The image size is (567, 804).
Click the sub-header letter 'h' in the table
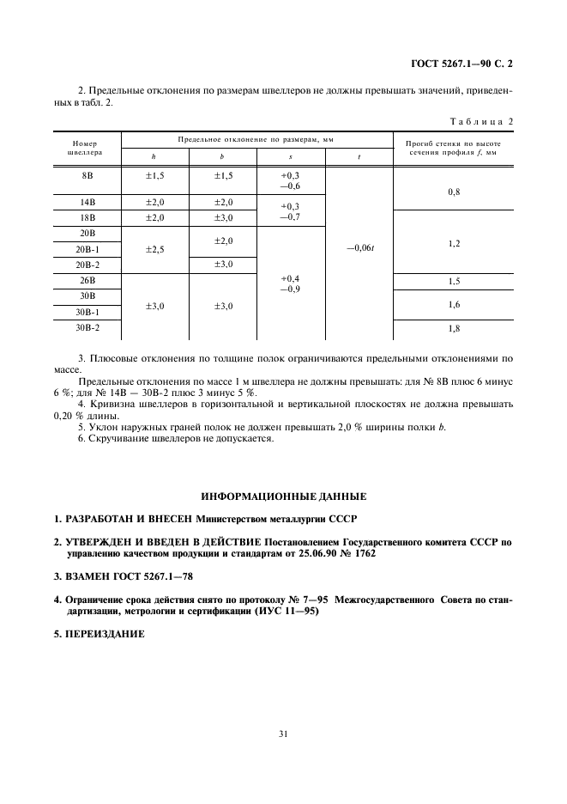tap(154, 157)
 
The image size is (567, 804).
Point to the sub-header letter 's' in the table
tap(290, 157)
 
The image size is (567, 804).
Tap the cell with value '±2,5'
tap(154, 249)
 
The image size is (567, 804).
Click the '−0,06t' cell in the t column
tap(359, 249)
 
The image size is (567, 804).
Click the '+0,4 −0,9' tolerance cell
tap(290, 283)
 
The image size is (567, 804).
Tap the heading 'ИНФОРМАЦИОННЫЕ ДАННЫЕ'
tap(283, 496)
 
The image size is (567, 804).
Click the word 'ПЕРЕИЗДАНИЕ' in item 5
tap(110, 635)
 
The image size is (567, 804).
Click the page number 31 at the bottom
tap(283, 734)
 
